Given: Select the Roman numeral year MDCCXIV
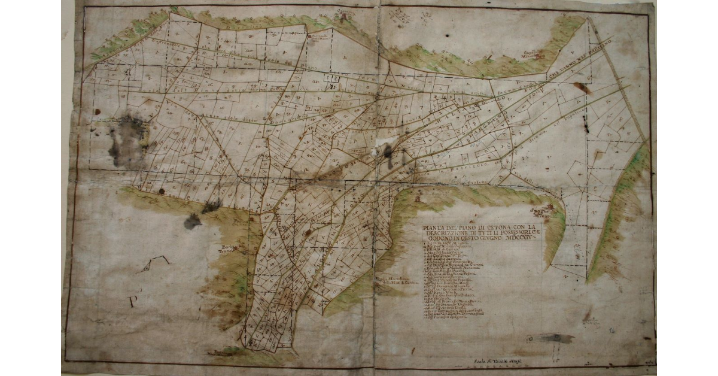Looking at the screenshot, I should (519, 237).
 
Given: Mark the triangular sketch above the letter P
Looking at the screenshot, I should (153, 264).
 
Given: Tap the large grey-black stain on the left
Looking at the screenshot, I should (127, 142).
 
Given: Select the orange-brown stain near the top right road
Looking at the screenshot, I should (580, 88).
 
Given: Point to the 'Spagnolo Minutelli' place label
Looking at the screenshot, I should (544, 213).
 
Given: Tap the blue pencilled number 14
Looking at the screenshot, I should (610, 330).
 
